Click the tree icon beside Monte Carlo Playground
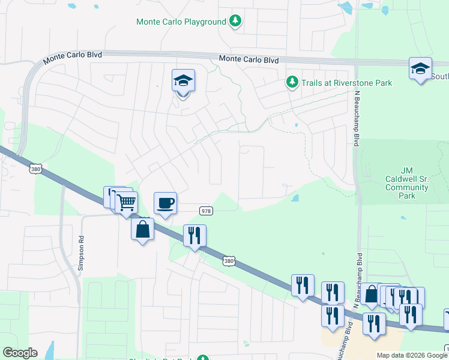coord(237,22)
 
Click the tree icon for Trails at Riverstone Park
coord(292,82)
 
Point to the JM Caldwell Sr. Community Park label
coord(407,182)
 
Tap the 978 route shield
coord(206,211)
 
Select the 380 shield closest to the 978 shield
coord(228,261)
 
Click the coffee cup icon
coord(165,203)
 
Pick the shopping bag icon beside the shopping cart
coord(142,229)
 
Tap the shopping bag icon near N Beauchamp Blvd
coord(372,294)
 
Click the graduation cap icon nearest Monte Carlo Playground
coord(183,80)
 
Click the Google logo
coord(19,353)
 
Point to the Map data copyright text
coord(412,355)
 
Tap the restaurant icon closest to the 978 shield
coord(194,235)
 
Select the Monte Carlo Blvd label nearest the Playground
coord(249,59)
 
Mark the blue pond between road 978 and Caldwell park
coord(295,198)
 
